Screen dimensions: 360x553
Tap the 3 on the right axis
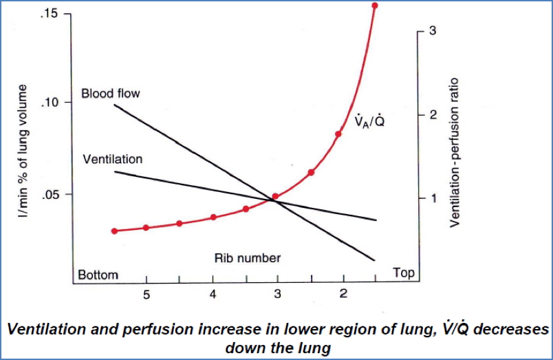coord(433,32)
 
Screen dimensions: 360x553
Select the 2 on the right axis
coord(433,115)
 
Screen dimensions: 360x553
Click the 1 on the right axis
coord(433,198)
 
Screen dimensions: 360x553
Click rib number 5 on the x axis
coord(147,295)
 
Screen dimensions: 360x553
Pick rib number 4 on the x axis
coord(213,295)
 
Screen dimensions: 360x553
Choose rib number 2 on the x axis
coord(343,295)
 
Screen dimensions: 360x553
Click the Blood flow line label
coord(110,93)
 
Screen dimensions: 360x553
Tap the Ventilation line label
coord(112,159)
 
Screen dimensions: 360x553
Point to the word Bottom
coord(98,275)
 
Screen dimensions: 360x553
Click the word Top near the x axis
coord(404,273)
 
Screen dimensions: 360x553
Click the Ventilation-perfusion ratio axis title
coord(455,151)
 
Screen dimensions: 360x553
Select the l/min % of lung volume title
coord(23,151)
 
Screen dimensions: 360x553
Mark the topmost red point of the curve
coord(374,6)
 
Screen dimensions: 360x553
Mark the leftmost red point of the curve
coord(115,231)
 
